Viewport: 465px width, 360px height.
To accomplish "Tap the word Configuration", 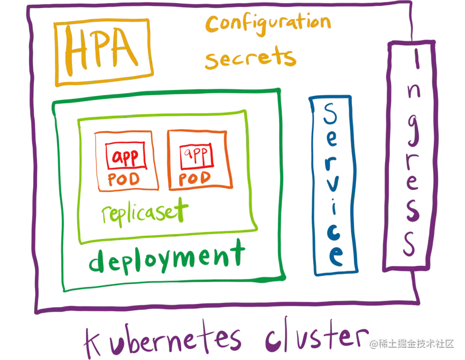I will [268, 23].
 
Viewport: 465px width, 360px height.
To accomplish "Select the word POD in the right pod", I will [196, 178].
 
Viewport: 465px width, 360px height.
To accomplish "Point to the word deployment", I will [167, 257].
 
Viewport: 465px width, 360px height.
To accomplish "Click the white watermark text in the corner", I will [412, 344].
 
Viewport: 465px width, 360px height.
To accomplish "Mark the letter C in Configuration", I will [213, 24].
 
